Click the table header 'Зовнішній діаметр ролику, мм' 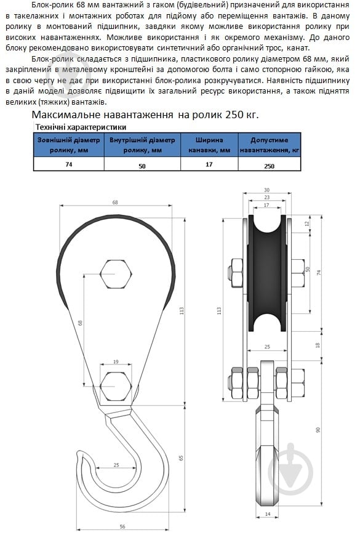pyautogui.click(x=68, y=145)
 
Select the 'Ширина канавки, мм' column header pyautogui.click(x=209, y=145)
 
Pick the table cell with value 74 pyautogui.click(x=68, y=165)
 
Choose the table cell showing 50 pyautogui.click(x=142, y=166)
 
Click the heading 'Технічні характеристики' pyautogui.click(x=81, y=127)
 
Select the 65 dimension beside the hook pyautogui.click(x=180, y=458)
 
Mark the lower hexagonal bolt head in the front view pyautogui.click(x=115, y=385)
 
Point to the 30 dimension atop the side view pyautogui.click(x=266, y=190)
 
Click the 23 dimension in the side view pyautogui.click(x=266, y=197)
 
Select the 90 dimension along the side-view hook pyautogui.click(x=318, y=429)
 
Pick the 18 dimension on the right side pyautogui.click(x=318, y=346)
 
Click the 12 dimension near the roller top pyautogui.click(x=307, y=223)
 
